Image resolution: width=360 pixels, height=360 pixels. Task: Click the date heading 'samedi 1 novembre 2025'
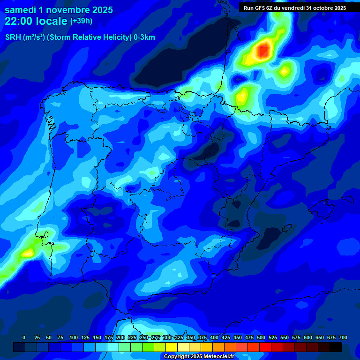(x=59, y=10)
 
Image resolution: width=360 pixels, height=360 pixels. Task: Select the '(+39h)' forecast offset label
(x=81, y=21)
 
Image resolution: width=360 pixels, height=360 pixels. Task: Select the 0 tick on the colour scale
(x=24, y=337)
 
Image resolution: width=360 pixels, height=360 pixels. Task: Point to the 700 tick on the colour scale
(x=343, y=337)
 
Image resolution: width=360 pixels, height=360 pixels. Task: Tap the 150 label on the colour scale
(x=97, y=337)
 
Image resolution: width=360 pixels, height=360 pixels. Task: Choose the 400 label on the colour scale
(x=214, y=337)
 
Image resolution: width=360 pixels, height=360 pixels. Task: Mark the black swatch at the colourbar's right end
(x=336, y=347)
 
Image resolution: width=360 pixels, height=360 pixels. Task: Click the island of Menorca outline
(x=347, y=199)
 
